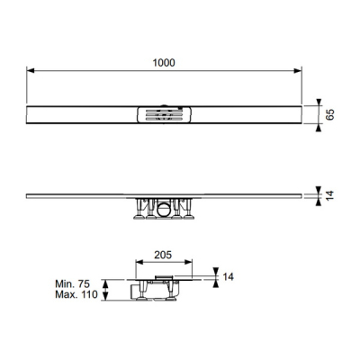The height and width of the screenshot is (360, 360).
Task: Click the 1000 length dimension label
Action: [x=164, y=63]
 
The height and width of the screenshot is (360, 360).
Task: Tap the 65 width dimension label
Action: [x=329, y=115]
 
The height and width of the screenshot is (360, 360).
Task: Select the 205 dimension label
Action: [x=163, y=255]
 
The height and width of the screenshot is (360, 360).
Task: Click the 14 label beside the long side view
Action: [x=329, y=195]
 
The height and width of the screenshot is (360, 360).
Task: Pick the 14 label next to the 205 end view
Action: [x=229, y=276]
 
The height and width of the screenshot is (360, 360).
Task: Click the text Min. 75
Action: [x=72, y=283]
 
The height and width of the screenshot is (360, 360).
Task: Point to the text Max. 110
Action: [x=76, y=294]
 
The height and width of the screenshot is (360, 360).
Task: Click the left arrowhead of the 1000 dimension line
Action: [x=31, y=71]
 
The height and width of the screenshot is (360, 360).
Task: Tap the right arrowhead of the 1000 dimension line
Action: [x=298, y=71]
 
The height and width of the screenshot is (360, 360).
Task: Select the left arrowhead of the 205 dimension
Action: [x=139, y=262]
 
